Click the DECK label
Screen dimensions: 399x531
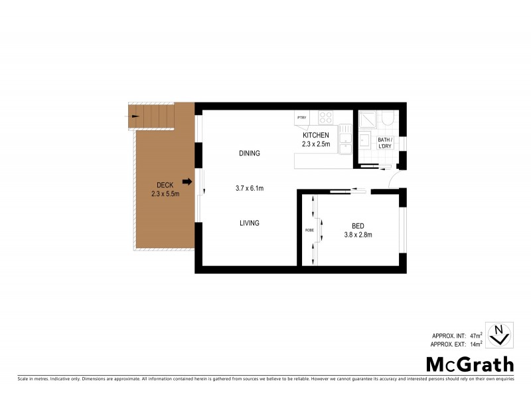pos(165,185)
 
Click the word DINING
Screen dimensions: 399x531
pos(249,154)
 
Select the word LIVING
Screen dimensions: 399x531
pos(249,223)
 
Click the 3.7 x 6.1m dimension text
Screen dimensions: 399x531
pos(250,188)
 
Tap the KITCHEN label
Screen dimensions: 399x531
pos(315,135)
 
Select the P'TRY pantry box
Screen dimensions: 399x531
pos(301,118)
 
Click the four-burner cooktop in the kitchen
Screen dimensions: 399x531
pos(325,118)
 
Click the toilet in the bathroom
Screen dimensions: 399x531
pos(389,119)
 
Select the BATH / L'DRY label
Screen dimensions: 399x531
pos(385,143)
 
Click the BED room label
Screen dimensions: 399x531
pos(358,225)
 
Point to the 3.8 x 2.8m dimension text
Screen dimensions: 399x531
pos(358,234)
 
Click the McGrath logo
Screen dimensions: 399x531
pos(469,364)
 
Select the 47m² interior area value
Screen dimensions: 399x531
pos(475,336)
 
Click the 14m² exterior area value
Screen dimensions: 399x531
pos(475,344)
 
